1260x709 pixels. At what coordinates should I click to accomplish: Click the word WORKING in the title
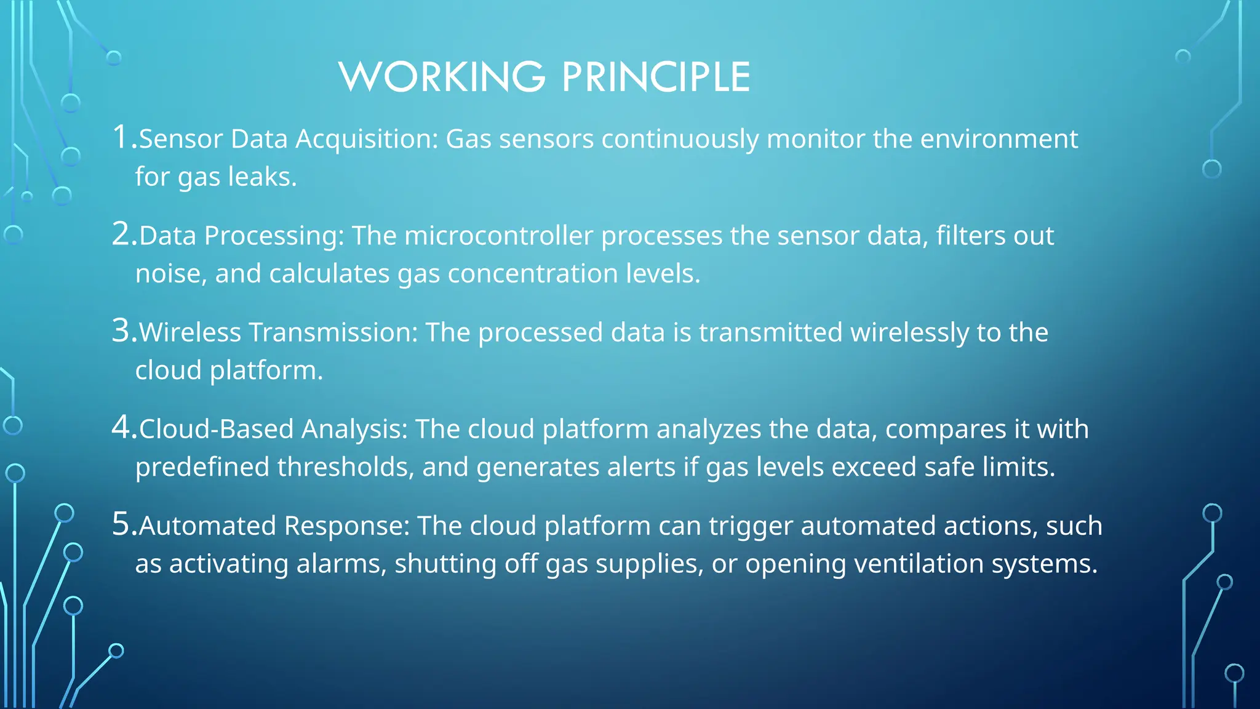coord(442,78)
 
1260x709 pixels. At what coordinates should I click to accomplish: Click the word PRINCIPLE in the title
coord(656,78)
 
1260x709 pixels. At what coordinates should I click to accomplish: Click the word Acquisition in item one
coord(367,140)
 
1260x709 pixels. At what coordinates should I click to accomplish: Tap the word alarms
coord(341,564)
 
